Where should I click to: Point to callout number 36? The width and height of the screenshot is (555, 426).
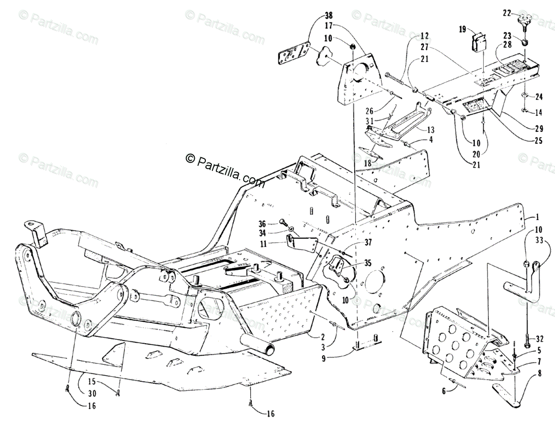tap(275, 223)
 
